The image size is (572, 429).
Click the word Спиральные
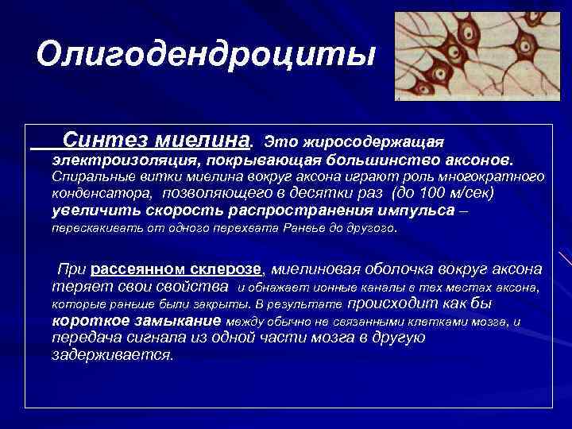tap(87, 177)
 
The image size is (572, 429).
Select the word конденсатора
tap(102, 194)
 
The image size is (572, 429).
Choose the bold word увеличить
tap(87, 211)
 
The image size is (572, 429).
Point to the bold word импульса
tap(418, 211)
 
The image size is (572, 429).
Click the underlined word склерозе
tap(226, 269)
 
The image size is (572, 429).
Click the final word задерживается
tap(112, 355)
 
